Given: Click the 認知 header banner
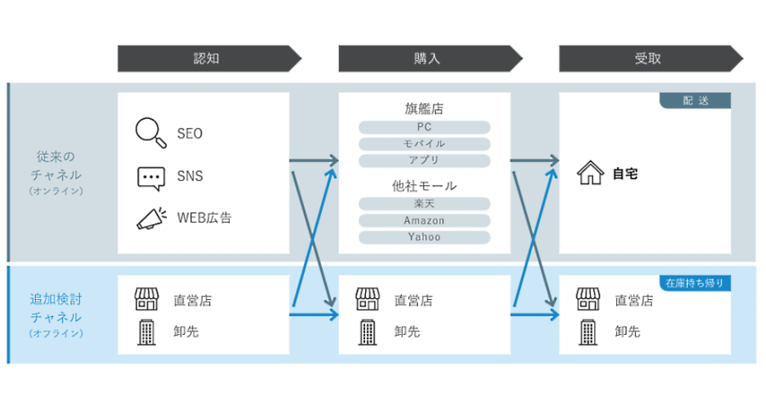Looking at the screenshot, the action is [x=209, y=59].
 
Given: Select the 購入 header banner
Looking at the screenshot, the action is [x=430, y=59].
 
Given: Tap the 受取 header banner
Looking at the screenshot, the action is [x=651, y=59].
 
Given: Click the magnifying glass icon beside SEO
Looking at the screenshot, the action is [x=151, y=132].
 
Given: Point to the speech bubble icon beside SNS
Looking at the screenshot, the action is [x=151, y=178].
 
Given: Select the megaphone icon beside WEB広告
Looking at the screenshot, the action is [x=152, y=218].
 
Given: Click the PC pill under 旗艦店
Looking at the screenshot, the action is [x=424, y=127].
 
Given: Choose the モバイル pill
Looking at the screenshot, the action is [x=424, y=143].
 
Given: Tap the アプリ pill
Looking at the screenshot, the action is [x=424, y=161].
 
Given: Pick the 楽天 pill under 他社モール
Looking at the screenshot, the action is [x=424, y=204].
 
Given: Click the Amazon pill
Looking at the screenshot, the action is [x=424, y=220].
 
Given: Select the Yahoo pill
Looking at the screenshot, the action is [x=424, y=237].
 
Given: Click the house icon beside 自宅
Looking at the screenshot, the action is [x=590, y=173].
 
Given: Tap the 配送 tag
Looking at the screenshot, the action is [x=695, y=100].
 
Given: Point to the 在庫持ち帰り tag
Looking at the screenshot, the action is [x=695, y=283].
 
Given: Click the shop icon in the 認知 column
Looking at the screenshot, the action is [x=147, y=299].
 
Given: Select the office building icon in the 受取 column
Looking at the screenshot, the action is [x=588, y=333].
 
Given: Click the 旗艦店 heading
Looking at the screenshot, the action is [x=424, y=108].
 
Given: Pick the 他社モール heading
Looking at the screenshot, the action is [x=424, y=186].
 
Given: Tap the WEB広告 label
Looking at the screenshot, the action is [x=205, y=218].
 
